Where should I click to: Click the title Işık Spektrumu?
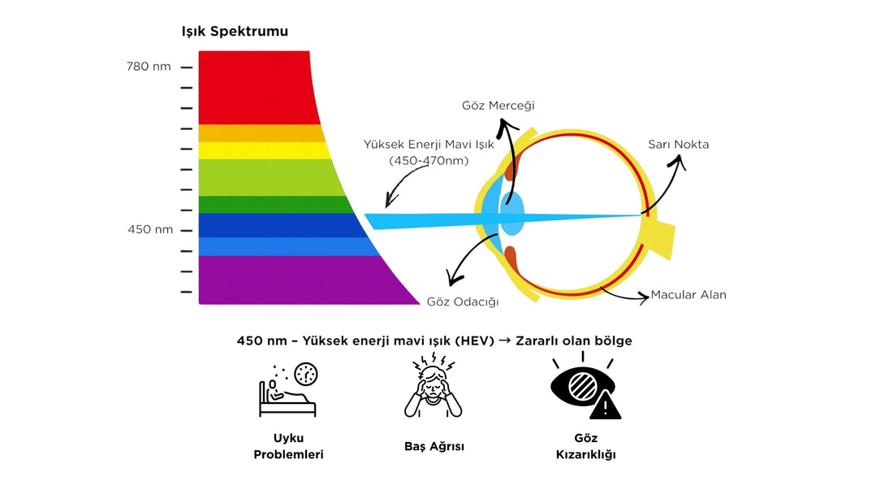(x=235, y=32)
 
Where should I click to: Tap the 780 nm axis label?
(x=149, y=67)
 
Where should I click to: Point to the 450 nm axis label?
(x=150, y=229)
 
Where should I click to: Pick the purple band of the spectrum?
(x=292, y=280)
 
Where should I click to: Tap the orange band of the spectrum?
(x=259, y=133)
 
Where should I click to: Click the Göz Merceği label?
(x=498, y=106)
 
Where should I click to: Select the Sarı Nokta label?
(x=678, y=145)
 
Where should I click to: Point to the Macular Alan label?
(x=688, y=295)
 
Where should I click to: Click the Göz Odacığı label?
(x=463, y=301)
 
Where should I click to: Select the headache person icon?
(x=434, y=388)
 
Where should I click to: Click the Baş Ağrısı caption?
(x=434, y=446)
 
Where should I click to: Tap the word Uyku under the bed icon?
(x=288, y=438)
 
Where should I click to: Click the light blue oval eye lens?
(x=511, y=214)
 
